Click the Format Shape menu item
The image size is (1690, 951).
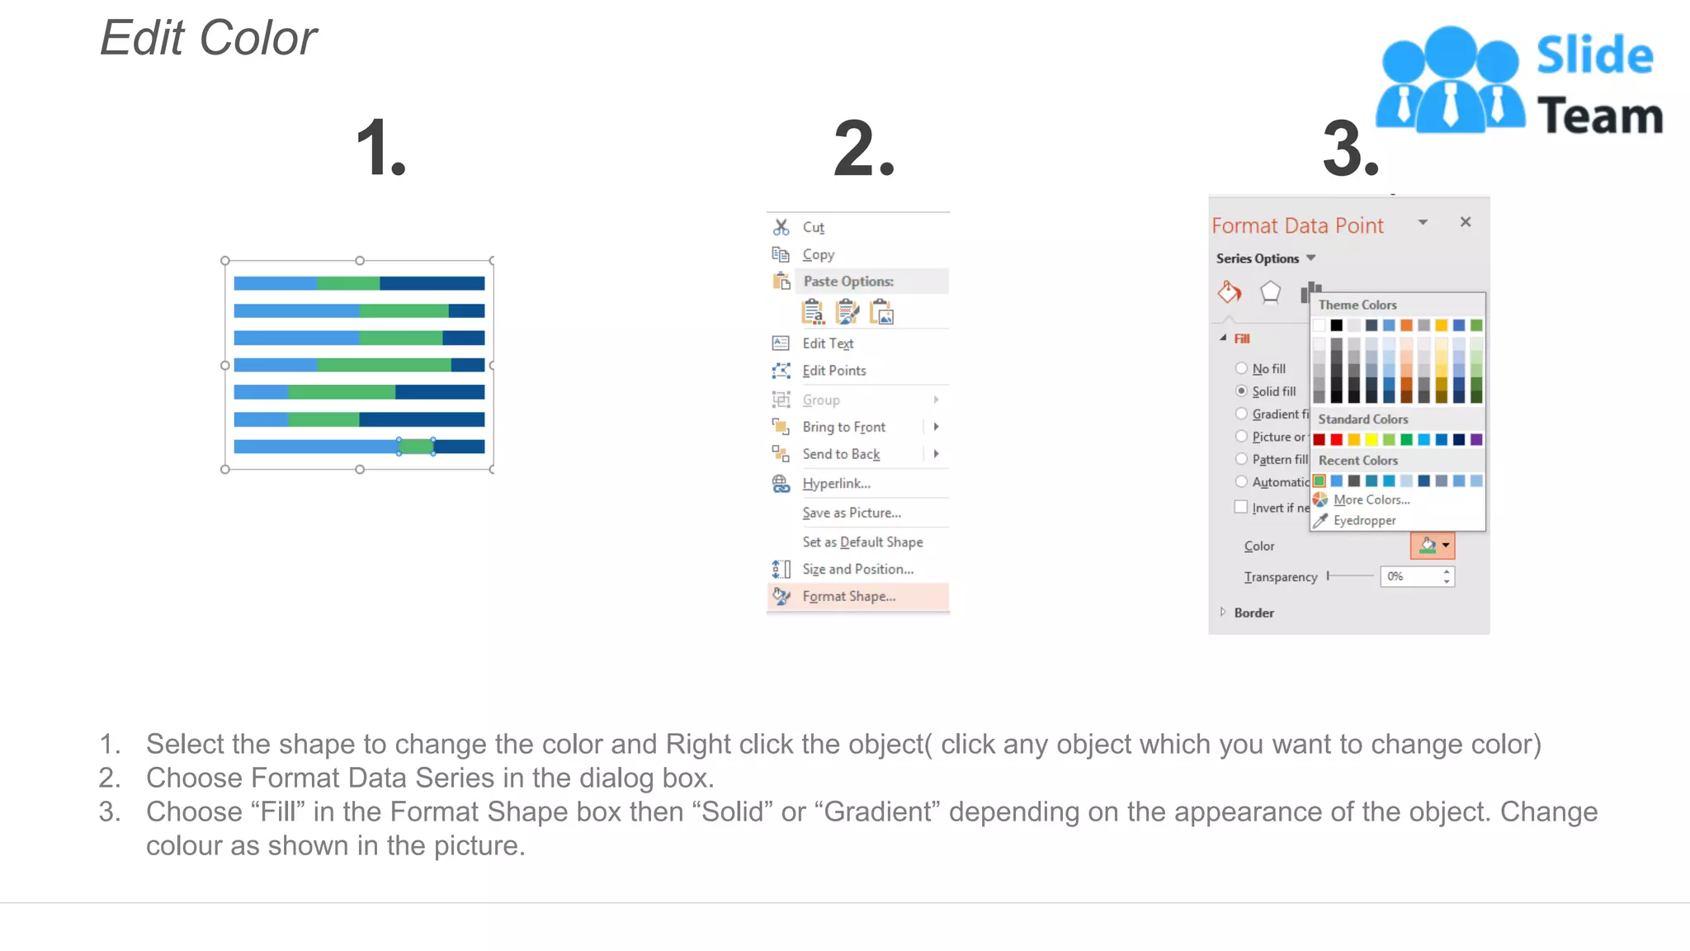coord(848,596)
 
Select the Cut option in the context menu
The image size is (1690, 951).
coord(813,227)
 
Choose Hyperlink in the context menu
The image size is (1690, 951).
coord(836,483)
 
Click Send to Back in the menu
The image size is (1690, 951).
coord(841,454)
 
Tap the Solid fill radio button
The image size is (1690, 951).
coord(1241,390)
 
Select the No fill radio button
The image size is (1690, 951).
coord(1241,368)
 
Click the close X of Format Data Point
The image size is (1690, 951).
coord(1466,222)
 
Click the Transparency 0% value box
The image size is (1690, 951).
coord(1411,576)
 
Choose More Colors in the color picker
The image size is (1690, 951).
coord(1371,499)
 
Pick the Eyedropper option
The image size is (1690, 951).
coord(1364,520)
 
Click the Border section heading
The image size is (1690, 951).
coord(1253,613)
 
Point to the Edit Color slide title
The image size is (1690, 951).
coord(209,38)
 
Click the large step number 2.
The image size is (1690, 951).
coord(863,149)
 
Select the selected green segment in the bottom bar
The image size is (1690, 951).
coord(416,447)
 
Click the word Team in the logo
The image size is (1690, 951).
coord(1599,116)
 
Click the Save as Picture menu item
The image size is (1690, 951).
coord(852,513)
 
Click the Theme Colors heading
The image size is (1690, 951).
coord(1357,305)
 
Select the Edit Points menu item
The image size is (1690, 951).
coord(834,371)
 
